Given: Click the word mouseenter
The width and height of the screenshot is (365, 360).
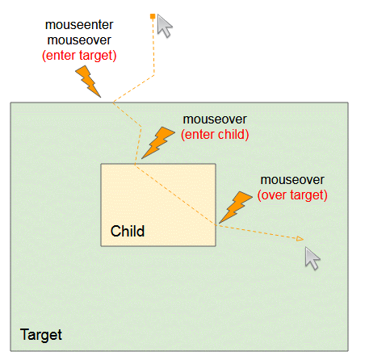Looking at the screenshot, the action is coord(79,25).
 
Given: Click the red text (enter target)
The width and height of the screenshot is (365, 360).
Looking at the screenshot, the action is coord(79,56).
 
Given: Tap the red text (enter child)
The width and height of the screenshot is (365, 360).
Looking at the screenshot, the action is coord(215,135).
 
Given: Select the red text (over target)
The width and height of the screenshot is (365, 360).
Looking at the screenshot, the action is coord(292,195).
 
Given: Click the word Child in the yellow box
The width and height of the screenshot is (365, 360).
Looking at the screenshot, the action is coord(128,231).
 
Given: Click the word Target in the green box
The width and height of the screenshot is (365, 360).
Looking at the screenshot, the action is coord(41,335).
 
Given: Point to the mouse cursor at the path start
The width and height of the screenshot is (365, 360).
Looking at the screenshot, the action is coord(164,26).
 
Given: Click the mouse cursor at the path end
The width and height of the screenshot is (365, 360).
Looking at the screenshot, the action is coord(313,258).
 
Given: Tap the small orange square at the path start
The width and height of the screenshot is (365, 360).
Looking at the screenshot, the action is coord(153,16).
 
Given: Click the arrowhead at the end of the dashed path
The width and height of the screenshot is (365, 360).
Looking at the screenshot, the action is coord(300,239).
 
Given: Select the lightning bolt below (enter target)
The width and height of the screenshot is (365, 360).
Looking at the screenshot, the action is coord(88,82).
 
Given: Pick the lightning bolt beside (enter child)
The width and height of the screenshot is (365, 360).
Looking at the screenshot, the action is coord(157,143).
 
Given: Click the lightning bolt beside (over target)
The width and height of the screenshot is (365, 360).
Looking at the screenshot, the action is coord(236,207).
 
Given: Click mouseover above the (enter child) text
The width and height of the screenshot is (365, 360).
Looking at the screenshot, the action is coord(215,119).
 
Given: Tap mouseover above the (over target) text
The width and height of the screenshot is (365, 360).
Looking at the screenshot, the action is coord(292,180).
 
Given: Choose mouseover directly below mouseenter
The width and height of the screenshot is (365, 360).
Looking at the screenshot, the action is coord(79,40).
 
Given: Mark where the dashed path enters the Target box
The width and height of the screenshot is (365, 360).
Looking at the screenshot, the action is coord(113,103).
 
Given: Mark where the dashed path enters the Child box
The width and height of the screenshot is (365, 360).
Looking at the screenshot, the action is coord(135,164).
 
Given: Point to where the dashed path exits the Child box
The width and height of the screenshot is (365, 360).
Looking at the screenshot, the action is coord(216,225).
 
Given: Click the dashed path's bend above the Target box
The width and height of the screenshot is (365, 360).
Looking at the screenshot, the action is coord(154,75).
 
